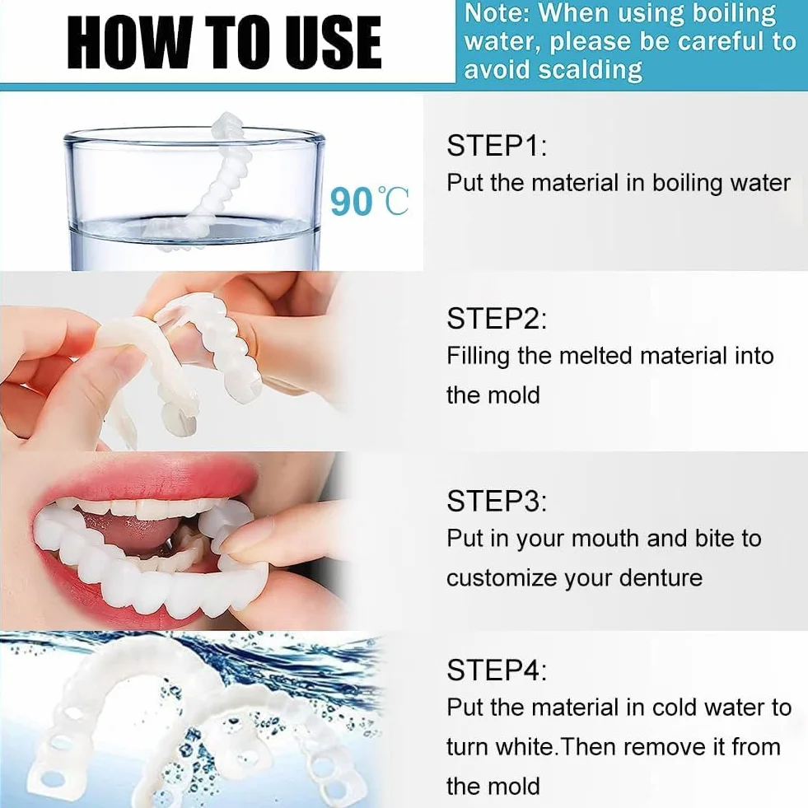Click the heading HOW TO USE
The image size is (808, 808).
coord(225,42)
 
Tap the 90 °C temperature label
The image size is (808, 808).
coord(369,201)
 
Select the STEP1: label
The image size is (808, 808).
coord(497,145)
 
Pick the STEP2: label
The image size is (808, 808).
coord(497,318)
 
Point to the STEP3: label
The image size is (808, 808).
coord(497,500)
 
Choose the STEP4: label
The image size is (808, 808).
coord(497,670)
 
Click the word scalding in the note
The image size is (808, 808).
coord(591,70)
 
